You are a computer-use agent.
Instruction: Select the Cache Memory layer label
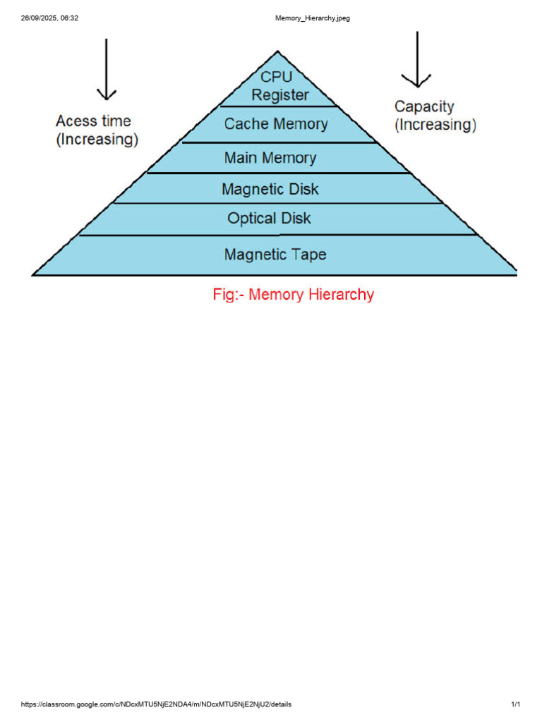[276, 124]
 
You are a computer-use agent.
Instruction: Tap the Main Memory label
[270, 158]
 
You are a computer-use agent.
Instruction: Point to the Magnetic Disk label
[270, 189]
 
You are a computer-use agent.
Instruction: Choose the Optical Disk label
[269, 219]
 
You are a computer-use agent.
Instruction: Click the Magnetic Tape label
[275, 254]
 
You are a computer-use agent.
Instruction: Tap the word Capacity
[424, 106]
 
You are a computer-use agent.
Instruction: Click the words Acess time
[93, 121]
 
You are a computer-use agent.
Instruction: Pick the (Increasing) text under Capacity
[435, 126]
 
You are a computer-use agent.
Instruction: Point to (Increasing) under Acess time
[97, 140]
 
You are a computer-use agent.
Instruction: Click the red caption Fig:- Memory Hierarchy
[293, 295]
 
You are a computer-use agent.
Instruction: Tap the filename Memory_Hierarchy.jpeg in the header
[312, 18]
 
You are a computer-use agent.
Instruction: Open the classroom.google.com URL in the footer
[156, 704]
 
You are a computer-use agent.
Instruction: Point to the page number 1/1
[515, 704]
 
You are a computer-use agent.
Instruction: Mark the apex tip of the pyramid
[278, 51]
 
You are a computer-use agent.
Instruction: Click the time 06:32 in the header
[70, 18]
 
